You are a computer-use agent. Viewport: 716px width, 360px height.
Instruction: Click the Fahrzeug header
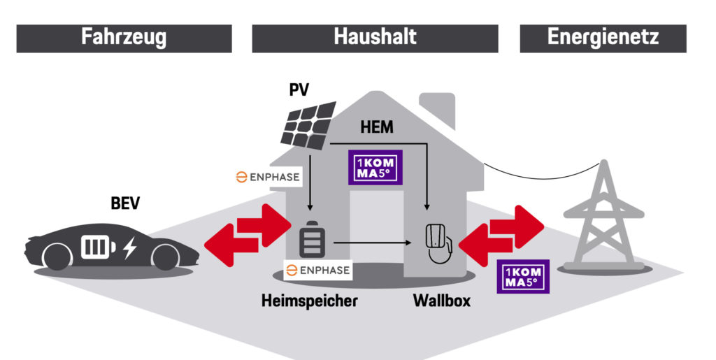124,38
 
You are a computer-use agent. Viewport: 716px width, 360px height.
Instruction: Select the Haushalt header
375,38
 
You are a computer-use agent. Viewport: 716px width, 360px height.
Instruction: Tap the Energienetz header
603,38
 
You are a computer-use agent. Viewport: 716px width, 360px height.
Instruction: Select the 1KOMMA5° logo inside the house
378,166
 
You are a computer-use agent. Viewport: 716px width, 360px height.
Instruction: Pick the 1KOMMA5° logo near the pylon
522,275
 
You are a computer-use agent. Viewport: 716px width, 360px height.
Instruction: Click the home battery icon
309,240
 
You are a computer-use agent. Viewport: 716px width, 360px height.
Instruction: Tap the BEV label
126,204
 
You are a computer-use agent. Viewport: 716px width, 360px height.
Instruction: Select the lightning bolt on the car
129,248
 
